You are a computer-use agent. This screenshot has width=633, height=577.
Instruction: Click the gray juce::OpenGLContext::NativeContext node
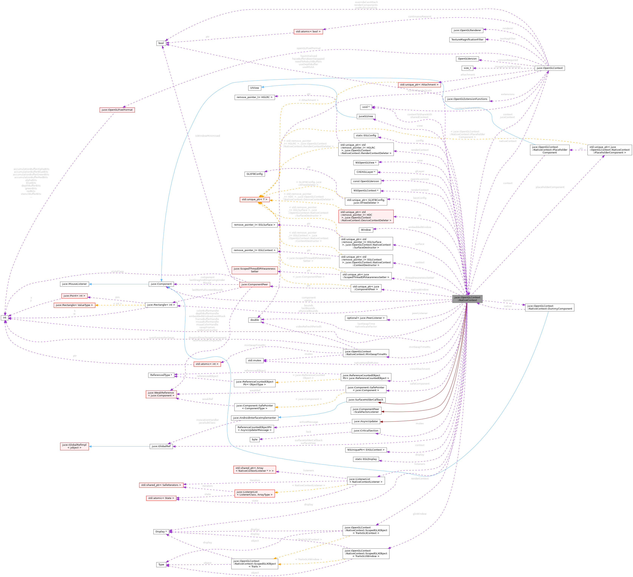(x=467, y=299)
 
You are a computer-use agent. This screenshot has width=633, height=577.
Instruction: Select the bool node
(x=161, y=43)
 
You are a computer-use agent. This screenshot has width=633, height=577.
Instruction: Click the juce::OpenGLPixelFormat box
(x=117, y=110)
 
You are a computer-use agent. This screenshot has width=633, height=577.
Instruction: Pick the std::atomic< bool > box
(x=308, y=31)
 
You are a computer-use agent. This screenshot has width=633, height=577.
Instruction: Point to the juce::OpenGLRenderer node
(x=467, y=30)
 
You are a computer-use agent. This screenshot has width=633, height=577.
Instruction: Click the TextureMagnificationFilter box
(x=467, y=39)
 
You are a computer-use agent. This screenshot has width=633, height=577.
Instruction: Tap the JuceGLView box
(x=366, y=116)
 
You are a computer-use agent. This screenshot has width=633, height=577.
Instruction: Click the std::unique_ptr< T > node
(x=254, y=200)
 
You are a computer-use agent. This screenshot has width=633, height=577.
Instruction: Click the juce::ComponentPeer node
(x=254, y=285)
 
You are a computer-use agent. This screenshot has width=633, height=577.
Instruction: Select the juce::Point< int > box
(x=74, y=296)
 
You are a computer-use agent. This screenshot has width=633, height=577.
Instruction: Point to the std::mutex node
(x=254, y=361)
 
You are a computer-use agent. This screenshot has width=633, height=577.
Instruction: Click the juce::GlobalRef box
(x=161, y=446)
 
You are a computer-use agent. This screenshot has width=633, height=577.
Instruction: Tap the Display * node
(x=161, y=532)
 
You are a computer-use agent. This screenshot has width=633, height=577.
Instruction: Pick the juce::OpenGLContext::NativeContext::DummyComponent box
(x=550, y=307)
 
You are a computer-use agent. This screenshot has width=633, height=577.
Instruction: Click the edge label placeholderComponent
(x=550, y=187)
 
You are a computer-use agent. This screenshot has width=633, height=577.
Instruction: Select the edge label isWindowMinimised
(x=207, y=136)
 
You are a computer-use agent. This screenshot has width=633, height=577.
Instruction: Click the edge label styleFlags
(x=117, y=271)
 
